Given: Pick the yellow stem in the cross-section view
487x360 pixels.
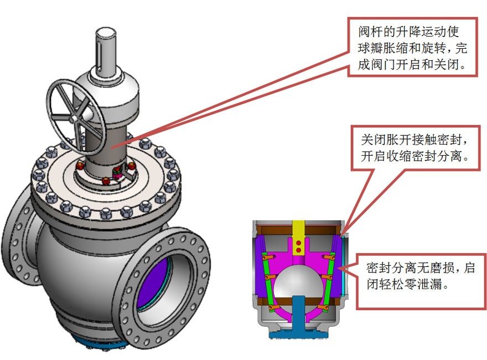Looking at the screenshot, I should tap(298, 233).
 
